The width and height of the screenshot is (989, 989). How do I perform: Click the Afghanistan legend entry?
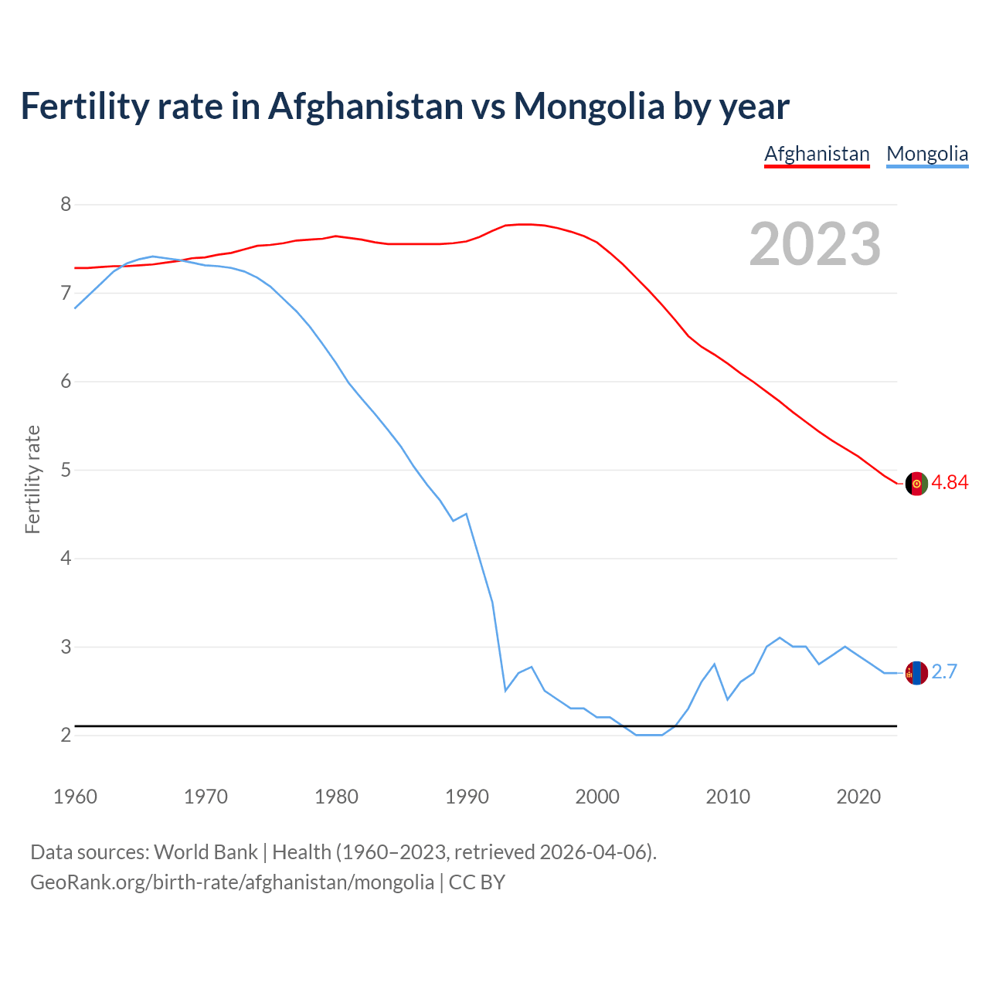[x=817, y=154]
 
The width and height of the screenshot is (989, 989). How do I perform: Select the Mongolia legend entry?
[x=927, y=154]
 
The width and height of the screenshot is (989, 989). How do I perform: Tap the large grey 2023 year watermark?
[x=814, y=244]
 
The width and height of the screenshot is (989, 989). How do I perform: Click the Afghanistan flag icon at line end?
[x=916, y=483]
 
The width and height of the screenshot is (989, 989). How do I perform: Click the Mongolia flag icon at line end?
[x=916, y=673]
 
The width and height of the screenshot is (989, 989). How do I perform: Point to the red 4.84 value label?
[x=950, y=483]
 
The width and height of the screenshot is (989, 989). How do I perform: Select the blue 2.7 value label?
[x=944, y=672]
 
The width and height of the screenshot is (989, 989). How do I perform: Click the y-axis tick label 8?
[x=66, y=205]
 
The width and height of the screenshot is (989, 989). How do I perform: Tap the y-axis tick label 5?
[x=66, y=470]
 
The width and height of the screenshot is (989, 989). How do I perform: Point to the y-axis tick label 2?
[x=66, y=735]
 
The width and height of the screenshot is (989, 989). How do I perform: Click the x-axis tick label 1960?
[x=75, y=797]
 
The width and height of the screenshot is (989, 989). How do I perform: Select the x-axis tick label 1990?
[x=467, y=797]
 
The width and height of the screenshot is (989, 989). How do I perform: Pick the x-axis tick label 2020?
[x=858, y=797]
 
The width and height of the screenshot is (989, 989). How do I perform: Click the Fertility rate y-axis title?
[x=32, y=479]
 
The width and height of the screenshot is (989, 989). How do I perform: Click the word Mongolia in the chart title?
[x=589, y=106]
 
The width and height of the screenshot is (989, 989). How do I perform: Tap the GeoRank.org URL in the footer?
[x=232, y=882]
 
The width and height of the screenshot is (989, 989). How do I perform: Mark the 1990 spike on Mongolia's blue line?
[x=466, y=514]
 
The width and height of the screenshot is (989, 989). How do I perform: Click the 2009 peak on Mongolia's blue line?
[x=714, y=664]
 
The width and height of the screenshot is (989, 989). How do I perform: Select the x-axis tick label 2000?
[x=597, y=797]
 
